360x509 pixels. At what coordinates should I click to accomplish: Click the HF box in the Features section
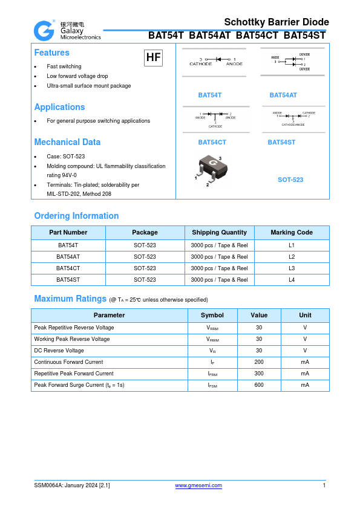pos(153,57)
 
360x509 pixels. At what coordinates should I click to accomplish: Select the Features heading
pos(51,53)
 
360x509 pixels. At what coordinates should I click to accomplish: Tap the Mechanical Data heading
pos(67,142)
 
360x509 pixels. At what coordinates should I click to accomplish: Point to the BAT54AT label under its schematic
pos(283,96)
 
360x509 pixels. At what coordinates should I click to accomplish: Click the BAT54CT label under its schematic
pos(212,142)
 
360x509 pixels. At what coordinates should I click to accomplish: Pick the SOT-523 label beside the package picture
pos(290,180)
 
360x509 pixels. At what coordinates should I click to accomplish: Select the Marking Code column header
pos(292,232)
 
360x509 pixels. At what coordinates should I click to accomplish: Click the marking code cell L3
pos(292,268)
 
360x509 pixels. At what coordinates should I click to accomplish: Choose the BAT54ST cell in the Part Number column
pos(68,280)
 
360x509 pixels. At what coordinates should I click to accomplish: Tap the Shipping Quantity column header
pos(219,232)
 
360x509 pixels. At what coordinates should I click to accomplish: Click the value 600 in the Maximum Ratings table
pos(259,385)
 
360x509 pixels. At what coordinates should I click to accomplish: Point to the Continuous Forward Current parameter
pos(68,362)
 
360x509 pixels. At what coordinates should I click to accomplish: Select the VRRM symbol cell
pos(212,328)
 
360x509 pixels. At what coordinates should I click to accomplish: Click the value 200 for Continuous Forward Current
pos(259,362)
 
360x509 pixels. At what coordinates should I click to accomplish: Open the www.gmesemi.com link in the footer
pos(198,485)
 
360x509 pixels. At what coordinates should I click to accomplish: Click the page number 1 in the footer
pos(324,485)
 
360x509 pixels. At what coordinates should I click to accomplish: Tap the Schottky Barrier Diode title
pos(277,22)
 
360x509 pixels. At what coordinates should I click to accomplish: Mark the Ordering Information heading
pos(76,216)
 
